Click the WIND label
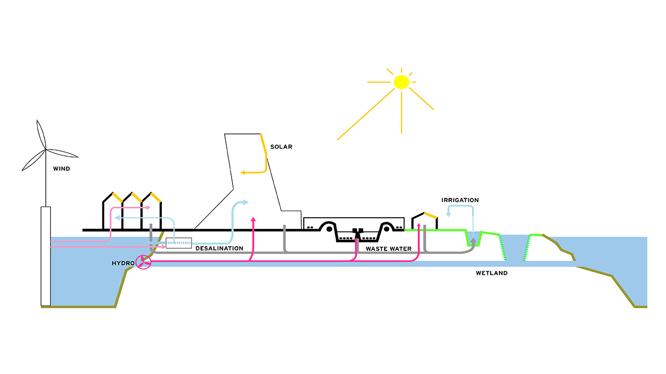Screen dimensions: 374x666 click(61, 169)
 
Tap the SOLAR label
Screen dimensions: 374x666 click(281, 147)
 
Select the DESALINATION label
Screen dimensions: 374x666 click(219, 248)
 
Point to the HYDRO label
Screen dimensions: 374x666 click(123, 263)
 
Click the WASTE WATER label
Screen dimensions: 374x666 click(388, 249)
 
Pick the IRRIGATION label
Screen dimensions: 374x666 click(460, 200)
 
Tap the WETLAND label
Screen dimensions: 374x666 click(491, 273)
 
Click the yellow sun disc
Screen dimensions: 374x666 click(401, 82)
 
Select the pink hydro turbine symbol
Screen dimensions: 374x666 click(143, 263)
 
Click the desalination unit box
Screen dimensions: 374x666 click(178, 242)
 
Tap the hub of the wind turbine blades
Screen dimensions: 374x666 click(45, 150)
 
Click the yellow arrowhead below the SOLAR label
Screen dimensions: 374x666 click(242, 172)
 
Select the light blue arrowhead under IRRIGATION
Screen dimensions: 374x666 click(449, 212)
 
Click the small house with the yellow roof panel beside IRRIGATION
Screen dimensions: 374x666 click(425, 221)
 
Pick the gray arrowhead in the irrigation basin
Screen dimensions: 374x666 click(473, 241)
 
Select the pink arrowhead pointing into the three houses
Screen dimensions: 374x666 click(148, 208)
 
